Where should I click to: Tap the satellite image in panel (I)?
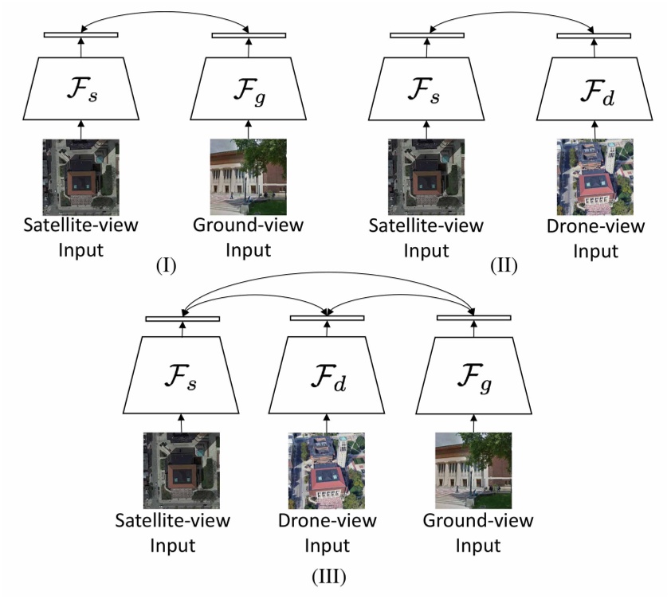tap(80, 177)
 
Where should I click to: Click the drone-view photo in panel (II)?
tap(594, 177)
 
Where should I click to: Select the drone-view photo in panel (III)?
tap(328, 471)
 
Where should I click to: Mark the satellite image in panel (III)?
tap(182, 471)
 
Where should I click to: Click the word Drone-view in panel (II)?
tap(595, 226)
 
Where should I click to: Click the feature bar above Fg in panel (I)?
tap(249, 34)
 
